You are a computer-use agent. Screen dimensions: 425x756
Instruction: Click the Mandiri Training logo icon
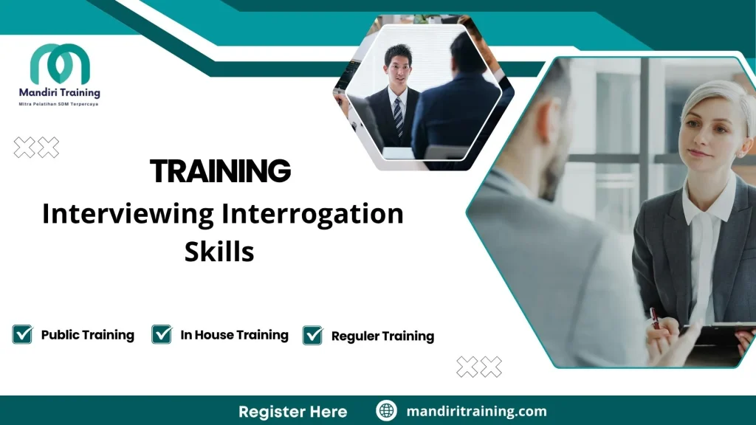(x=60, y=64)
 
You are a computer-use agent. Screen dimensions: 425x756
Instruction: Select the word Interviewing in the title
(x=127, y=214)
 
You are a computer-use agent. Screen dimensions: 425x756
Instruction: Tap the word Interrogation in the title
(x=312, y=214)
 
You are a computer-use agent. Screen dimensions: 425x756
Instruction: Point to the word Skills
(x=219, y=252)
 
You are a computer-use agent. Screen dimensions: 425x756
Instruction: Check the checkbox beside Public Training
(x=22, y=334)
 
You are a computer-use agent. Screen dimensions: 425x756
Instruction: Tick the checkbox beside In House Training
(x=162, y=334)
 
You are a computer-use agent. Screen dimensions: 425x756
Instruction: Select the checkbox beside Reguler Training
(x=312, y=335)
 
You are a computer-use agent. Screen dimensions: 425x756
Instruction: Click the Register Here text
(x=292, y=411)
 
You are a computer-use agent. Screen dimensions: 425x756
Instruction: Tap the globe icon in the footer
(x=386, y=411)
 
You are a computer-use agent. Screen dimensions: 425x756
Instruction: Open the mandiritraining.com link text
(x=476, y=411)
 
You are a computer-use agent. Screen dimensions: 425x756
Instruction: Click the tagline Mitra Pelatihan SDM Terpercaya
(x=59, y=104)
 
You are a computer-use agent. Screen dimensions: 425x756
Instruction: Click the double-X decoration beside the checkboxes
(x=479, y=366)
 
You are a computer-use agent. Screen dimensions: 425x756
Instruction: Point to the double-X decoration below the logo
(x=36, y=148)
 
